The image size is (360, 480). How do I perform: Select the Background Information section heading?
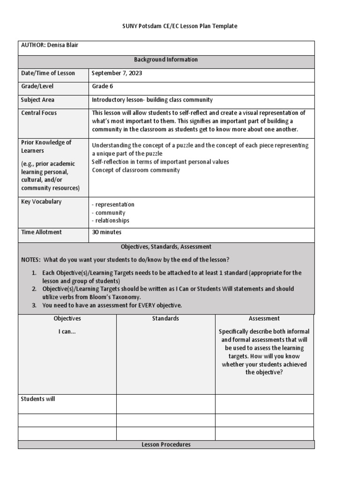166,60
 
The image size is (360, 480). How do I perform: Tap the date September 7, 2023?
117,73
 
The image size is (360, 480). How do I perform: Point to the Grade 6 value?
102,86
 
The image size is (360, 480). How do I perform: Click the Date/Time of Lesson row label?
48,73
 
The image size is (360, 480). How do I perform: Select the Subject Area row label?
37,100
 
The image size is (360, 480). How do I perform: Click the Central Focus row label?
39,113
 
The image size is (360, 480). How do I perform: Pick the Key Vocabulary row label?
41,202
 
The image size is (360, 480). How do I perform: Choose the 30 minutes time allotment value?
106,232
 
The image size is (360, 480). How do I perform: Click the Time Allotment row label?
41,232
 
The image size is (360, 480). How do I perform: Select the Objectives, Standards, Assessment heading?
166,247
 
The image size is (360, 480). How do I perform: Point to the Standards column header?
165,318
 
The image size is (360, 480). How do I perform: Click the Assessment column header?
264,318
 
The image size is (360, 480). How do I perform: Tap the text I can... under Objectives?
67,332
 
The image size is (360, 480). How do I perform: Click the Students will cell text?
38,399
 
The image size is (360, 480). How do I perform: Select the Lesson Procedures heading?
166,444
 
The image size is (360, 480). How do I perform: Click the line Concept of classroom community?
136,170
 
